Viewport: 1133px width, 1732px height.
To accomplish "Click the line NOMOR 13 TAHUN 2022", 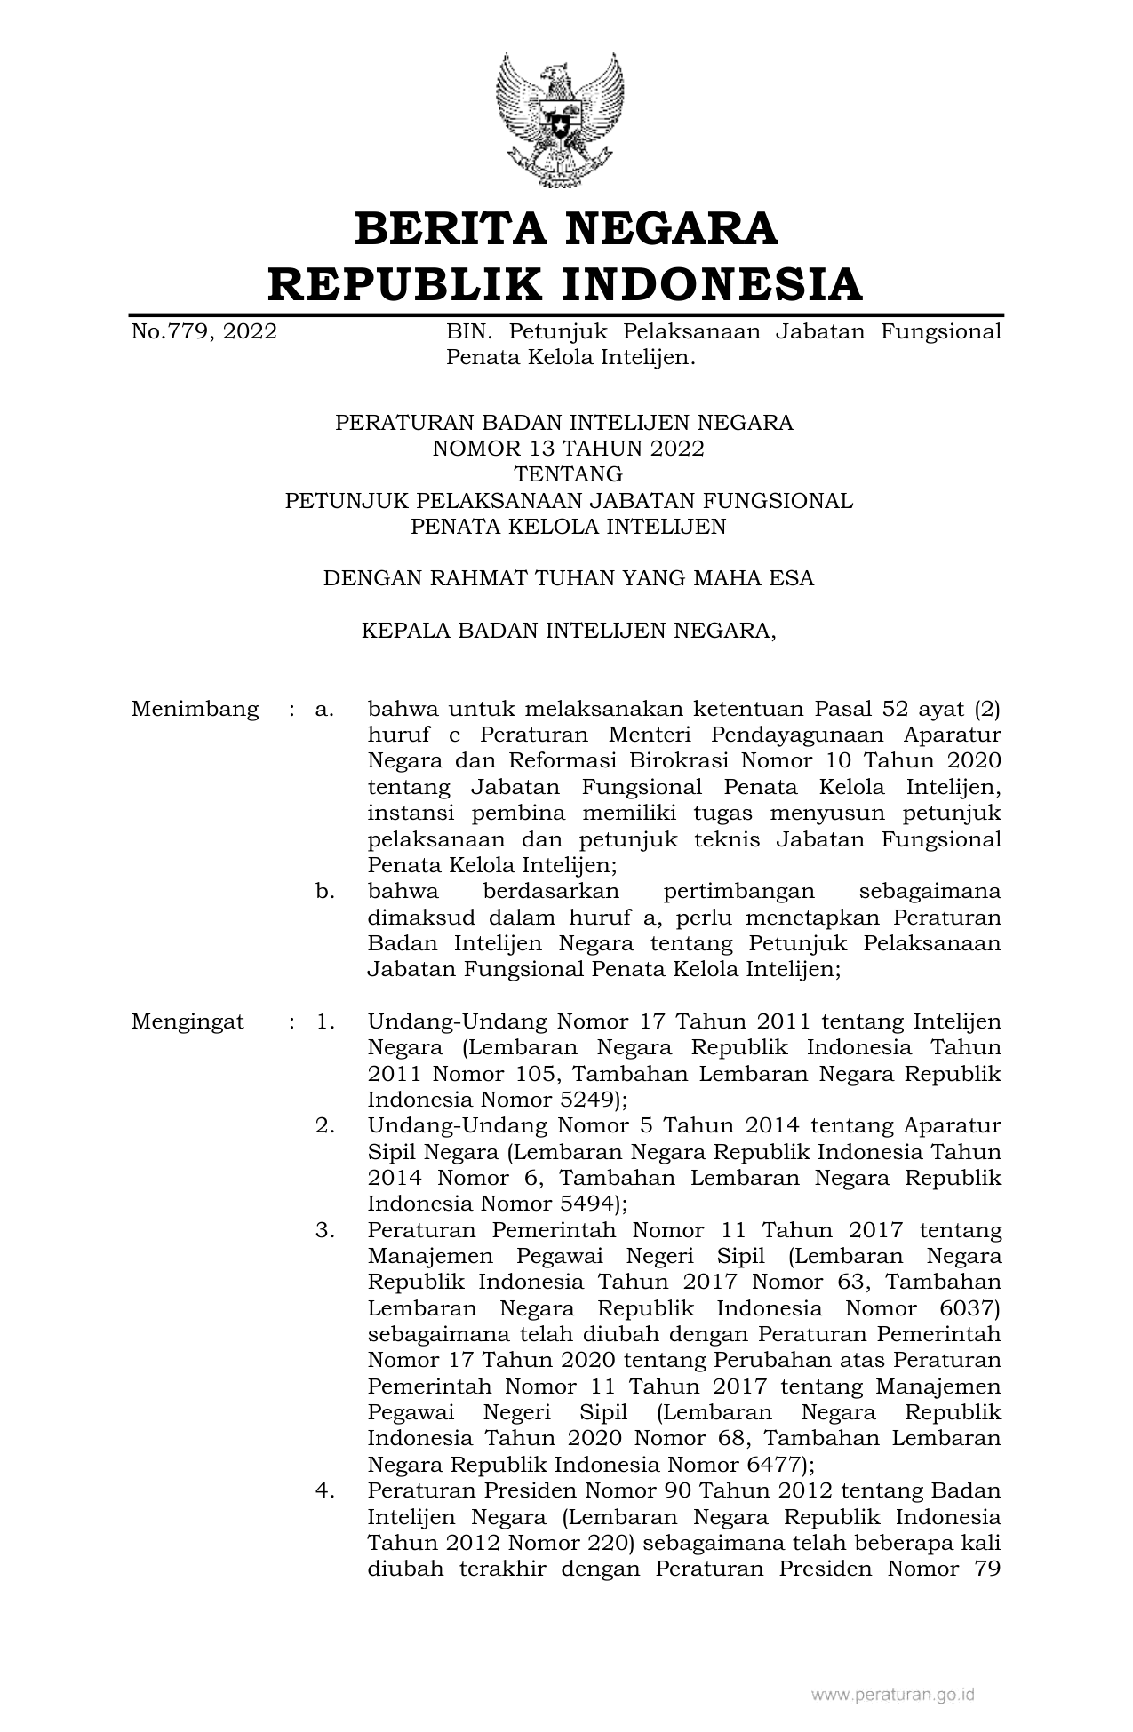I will pos(567,449).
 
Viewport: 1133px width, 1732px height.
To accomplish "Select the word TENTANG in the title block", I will pos(568,474).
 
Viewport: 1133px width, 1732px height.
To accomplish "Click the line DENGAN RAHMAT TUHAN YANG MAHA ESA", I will pos(568,579).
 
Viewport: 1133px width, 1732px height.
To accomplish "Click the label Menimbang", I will pos(195,710).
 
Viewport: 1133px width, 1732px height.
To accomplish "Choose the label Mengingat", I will pos(188,1021).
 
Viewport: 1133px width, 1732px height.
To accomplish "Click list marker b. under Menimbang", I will pos(325,891).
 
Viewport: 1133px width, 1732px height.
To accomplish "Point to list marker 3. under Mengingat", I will pos(325,1231).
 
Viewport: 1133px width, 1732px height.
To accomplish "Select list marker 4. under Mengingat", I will pos(325,1490).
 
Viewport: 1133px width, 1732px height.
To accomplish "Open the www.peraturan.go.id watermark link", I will pos(892,1695).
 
